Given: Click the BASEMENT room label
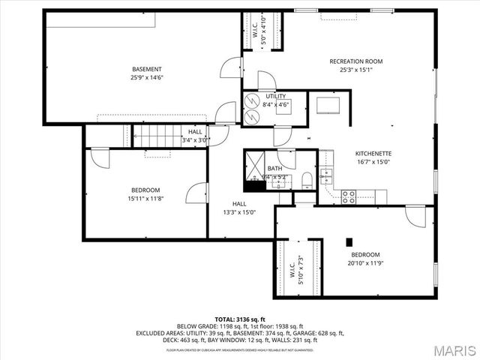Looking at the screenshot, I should coord(147,69).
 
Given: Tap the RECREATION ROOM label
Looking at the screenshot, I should coord(356,61).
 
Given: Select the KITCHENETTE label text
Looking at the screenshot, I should coord(373,153).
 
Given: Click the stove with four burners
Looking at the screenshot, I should coord(349,196).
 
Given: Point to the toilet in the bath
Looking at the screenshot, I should coord(307,178).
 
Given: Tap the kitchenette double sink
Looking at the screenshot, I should coord(326,177).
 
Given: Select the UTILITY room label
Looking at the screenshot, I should coord(277,97).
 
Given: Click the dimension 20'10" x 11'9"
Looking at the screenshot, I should coord(365,263).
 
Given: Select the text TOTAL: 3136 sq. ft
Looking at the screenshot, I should coord(239,319).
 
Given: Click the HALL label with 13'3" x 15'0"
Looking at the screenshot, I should coord(239,208).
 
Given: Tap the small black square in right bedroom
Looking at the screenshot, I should coord(349,241).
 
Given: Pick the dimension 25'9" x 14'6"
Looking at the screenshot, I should coord(147,77).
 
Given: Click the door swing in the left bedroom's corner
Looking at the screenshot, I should coord(98,157).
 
